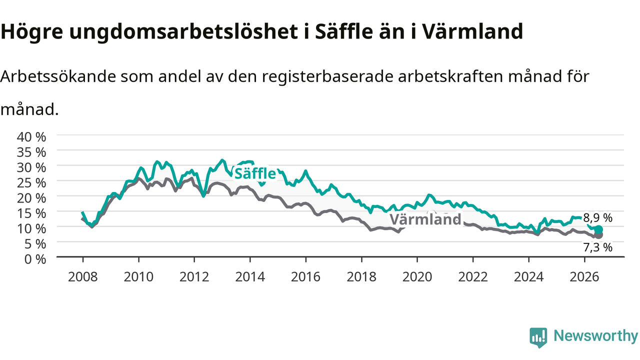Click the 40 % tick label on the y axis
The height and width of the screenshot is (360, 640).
(x=31, y=137)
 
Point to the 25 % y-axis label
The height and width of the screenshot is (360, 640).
(x=31, y=183)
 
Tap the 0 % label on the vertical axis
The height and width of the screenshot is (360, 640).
(x=35, y=259)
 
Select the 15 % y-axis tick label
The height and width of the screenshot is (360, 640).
(x=31, y=213)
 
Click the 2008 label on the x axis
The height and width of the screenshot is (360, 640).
(x=83, y=277)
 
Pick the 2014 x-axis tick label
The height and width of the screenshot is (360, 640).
(x=250, y=277)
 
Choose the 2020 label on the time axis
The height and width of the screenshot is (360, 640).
(x=417, y=277)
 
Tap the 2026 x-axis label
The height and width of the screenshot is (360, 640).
(x=584, y=277)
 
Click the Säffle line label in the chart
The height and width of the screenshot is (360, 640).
(x=255, y=173)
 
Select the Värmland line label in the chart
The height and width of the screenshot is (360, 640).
(x=425, y=219)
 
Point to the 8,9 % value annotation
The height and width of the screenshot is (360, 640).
(x=597, y=218)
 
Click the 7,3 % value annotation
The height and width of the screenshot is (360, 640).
(x=597, y=247)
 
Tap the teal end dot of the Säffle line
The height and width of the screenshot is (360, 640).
(x=599, y=229)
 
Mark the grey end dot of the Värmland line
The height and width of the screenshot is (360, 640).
(x=599, y=235)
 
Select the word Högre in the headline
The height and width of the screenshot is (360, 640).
(x=31, y=31)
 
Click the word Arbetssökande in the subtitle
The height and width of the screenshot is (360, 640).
(x=58, y=76)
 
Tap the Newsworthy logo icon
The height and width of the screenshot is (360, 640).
(x=538, y=337)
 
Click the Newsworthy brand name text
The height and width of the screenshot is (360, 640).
(x=595, y=336)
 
